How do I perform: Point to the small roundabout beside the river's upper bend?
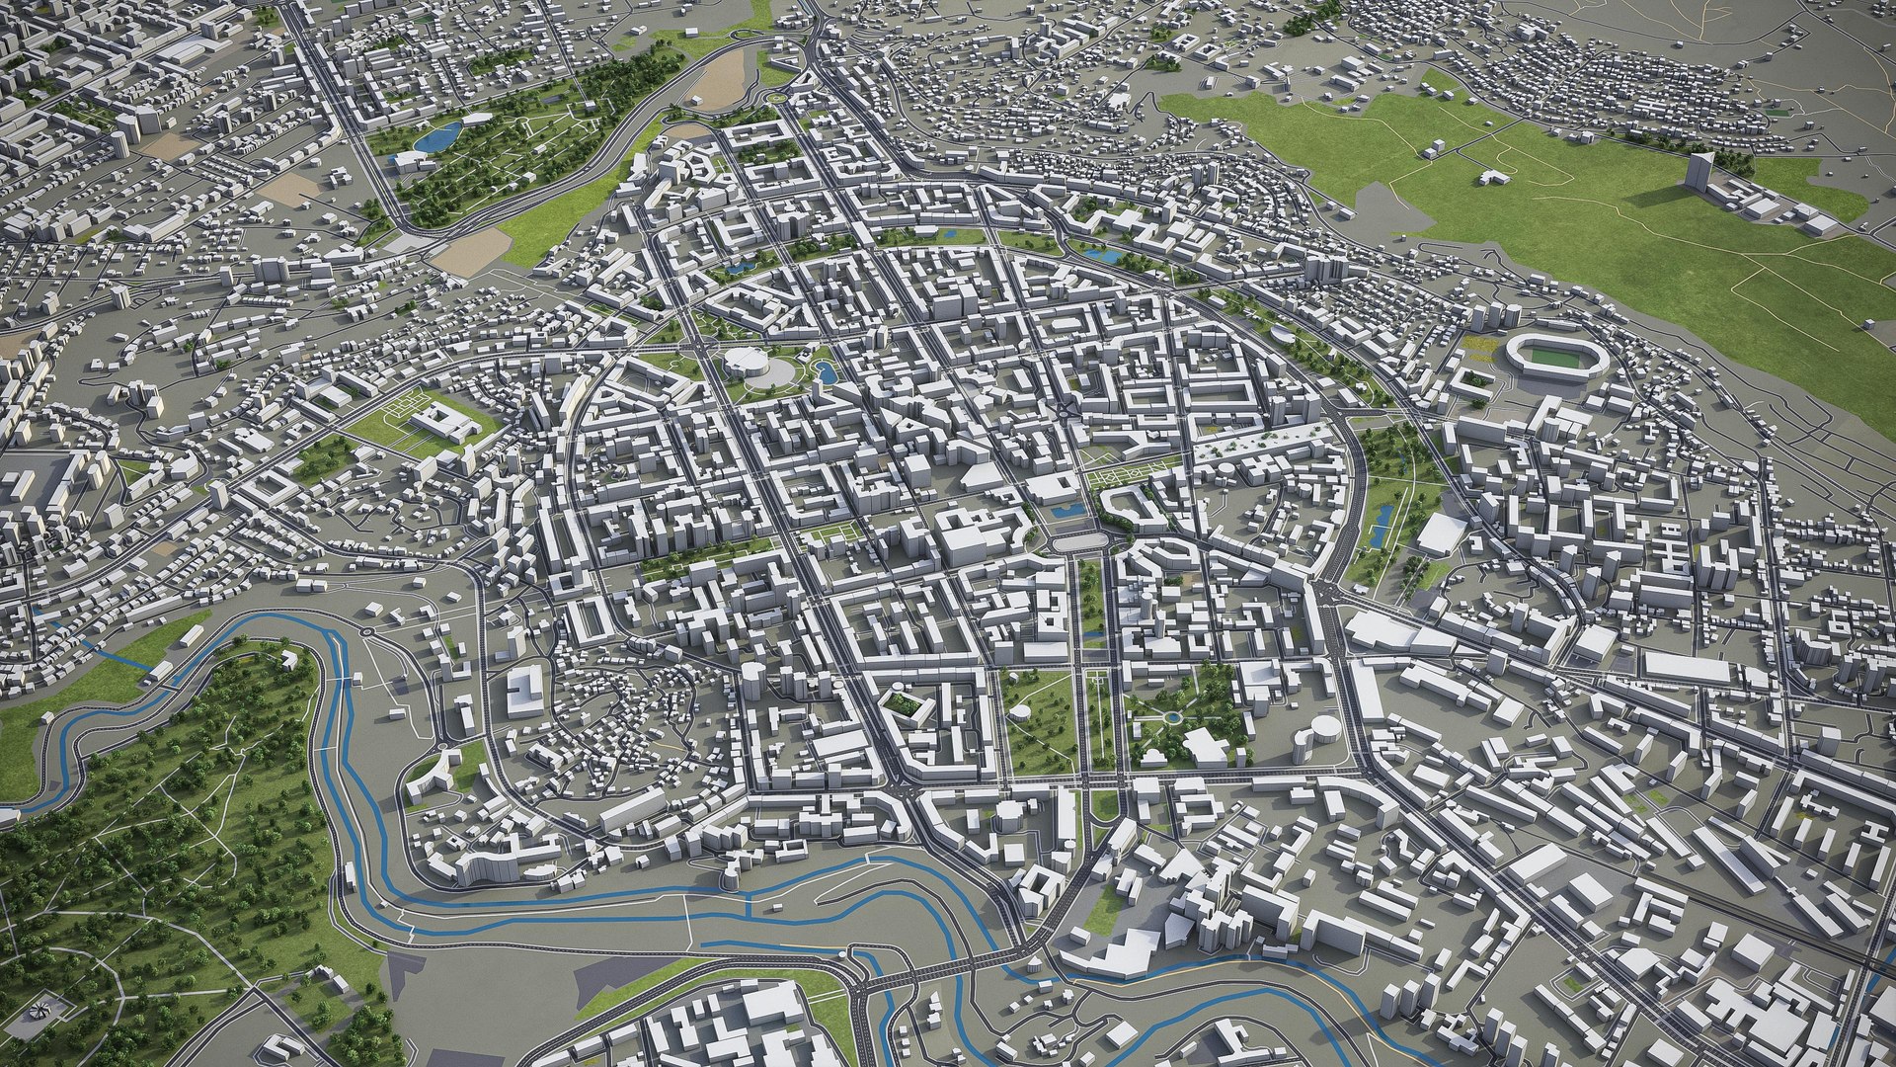366,629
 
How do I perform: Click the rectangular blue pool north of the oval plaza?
1067,511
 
